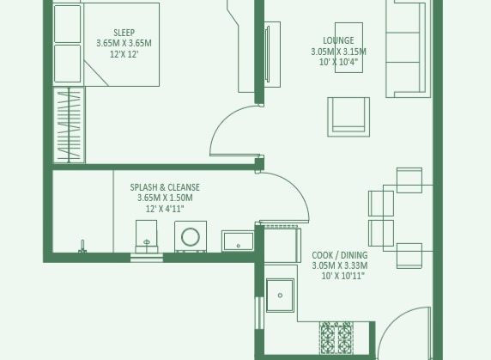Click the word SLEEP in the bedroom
click(x=124, y=33)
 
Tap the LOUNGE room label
click(x=338, y=40)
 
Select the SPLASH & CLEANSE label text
click(x=165, y=187)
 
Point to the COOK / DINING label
click(x=339, y=255)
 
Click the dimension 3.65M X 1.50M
click(x=159, y=198)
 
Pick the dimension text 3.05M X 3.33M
click(x=339, y=266)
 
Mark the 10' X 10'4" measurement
click(x=338, y=62)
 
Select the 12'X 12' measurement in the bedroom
click(x=124, y=54)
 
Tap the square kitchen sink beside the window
click(x=279, y=296)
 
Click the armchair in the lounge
click(x=349, y=116)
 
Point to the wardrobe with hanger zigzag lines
click(x=70, y=125)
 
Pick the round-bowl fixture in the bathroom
click(x=190, y=237)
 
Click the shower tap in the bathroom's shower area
click(x=82, y=247)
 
